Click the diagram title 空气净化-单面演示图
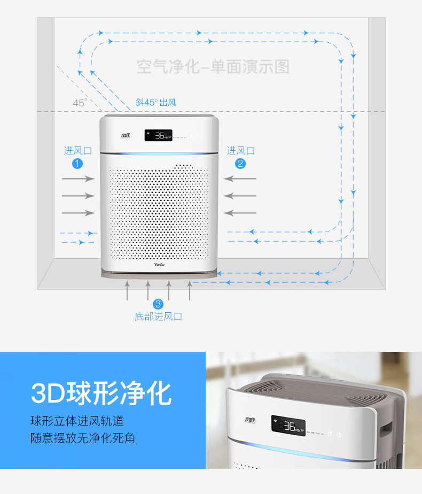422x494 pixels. click(213, 67)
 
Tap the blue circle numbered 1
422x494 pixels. click(78, 164)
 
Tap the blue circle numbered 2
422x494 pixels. click(240, 164)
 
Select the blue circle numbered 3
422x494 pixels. click(158, 304)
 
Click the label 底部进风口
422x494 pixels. click(158, 317)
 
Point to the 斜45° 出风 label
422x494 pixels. click(155, 102)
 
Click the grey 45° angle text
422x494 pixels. click(80, 103)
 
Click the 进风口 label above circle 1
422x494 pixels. click(78, 151)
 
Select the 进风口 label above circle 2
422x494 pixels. click(240, 151)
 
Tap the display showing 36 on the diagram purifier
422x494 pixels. click(159, 136)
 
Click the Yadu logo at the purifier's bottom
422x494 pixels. click(159, 264)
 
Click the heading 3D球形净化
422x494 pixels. click(101, 393)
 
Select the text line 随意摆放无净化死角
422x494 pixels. click(83, 438)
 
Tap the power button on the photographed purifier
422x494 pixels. click(339, 435)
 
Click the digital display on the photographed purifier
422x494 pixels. click(288, 426)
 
